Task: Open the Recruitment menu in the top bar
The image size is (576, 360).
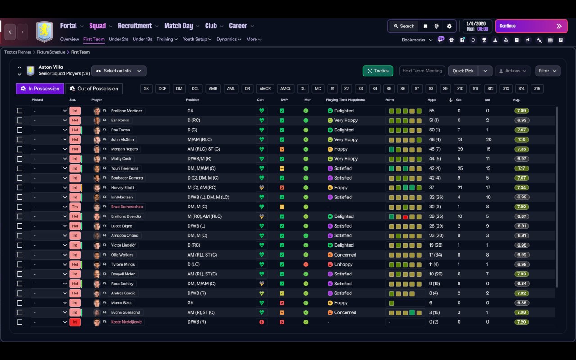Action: [x=135, y=26]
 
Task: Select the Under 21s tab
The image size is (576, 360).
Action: [x=119, y=39]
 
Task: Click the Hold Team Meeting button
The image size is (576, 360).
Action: [x=422, y=71]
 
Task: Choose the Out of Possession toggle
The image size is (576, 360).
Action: [x=94, y=89]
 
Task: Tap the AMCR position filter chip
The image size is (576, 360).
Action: [x=265, y=89]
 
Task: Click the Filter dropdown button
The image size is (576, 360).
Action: [x=548, y=71]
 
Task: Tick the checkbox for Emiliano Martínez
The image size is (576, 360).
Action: [x=19, y=111]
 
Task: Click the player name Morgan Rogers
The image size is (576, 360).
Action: [x=125, y=149]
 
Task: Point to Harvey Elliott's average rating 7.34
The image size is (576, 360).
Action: [x=522, y=188]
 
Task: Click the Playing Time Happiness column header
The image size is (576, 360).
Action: [x=346, y=100]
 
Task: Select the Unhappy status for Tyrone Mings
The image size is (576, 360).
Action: [x=343, y=265]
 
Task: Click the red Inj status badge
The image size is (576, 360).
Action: [x=75, y=322]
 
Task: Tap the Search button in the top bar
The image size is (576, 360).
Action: [x=403, y=26]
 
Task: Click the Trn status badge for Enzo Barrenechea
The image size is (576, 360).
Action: [x=75, y=207]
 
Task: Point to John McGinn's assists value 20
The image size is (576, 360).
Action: [x=489, y=139]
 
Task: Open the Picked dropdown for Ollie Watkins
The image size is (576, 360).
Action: [x=49, y=255]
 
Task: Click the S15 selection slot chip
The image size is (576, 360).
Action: [x=537, y=89]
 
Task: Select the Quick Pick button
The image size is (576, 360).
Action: [x=463, y=71]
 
